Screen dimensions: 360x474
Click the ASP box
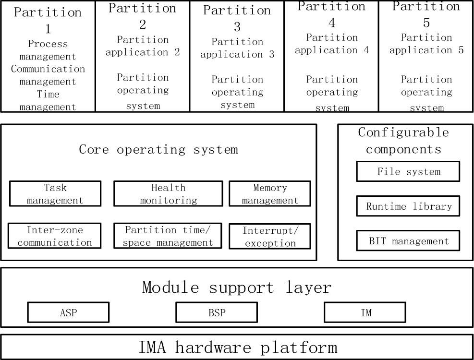(68, 312)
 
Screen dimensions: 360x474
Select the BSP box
(217, 312)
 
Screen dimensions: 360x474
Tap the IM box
(365, 312)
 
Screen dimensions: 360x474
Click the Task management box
(55, 194)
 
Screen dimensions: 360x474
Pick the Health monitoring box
(168, 194)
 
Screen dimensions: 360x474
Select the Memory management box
(270, 194)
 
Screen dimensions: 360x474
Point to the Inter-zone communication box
(55, 236)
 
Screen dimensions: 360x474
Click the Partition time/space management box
(168, 236)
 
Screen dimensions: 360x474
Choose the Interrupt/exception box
(270, 237)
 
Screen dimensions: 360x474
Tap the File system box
(408, 171)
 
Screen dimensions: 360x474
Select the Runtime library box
(408, 206)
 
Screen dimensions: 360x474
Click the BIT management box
(408, 241)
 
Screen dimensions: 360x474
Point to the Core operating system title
(158, 149)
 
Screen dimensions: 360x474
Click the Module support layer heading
(237, 287)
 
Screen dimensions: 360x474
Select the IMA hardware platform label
(238, 347)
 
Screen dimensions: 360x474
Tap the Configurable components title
(403, 140)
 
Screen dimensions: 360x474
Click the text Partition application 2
(143, 46)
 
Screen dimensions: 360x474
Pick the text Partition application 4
(332, 44)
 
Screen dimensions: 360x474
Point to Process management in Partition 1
(48, 50)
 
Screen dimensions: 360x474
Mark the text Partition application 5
(426, 44)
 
